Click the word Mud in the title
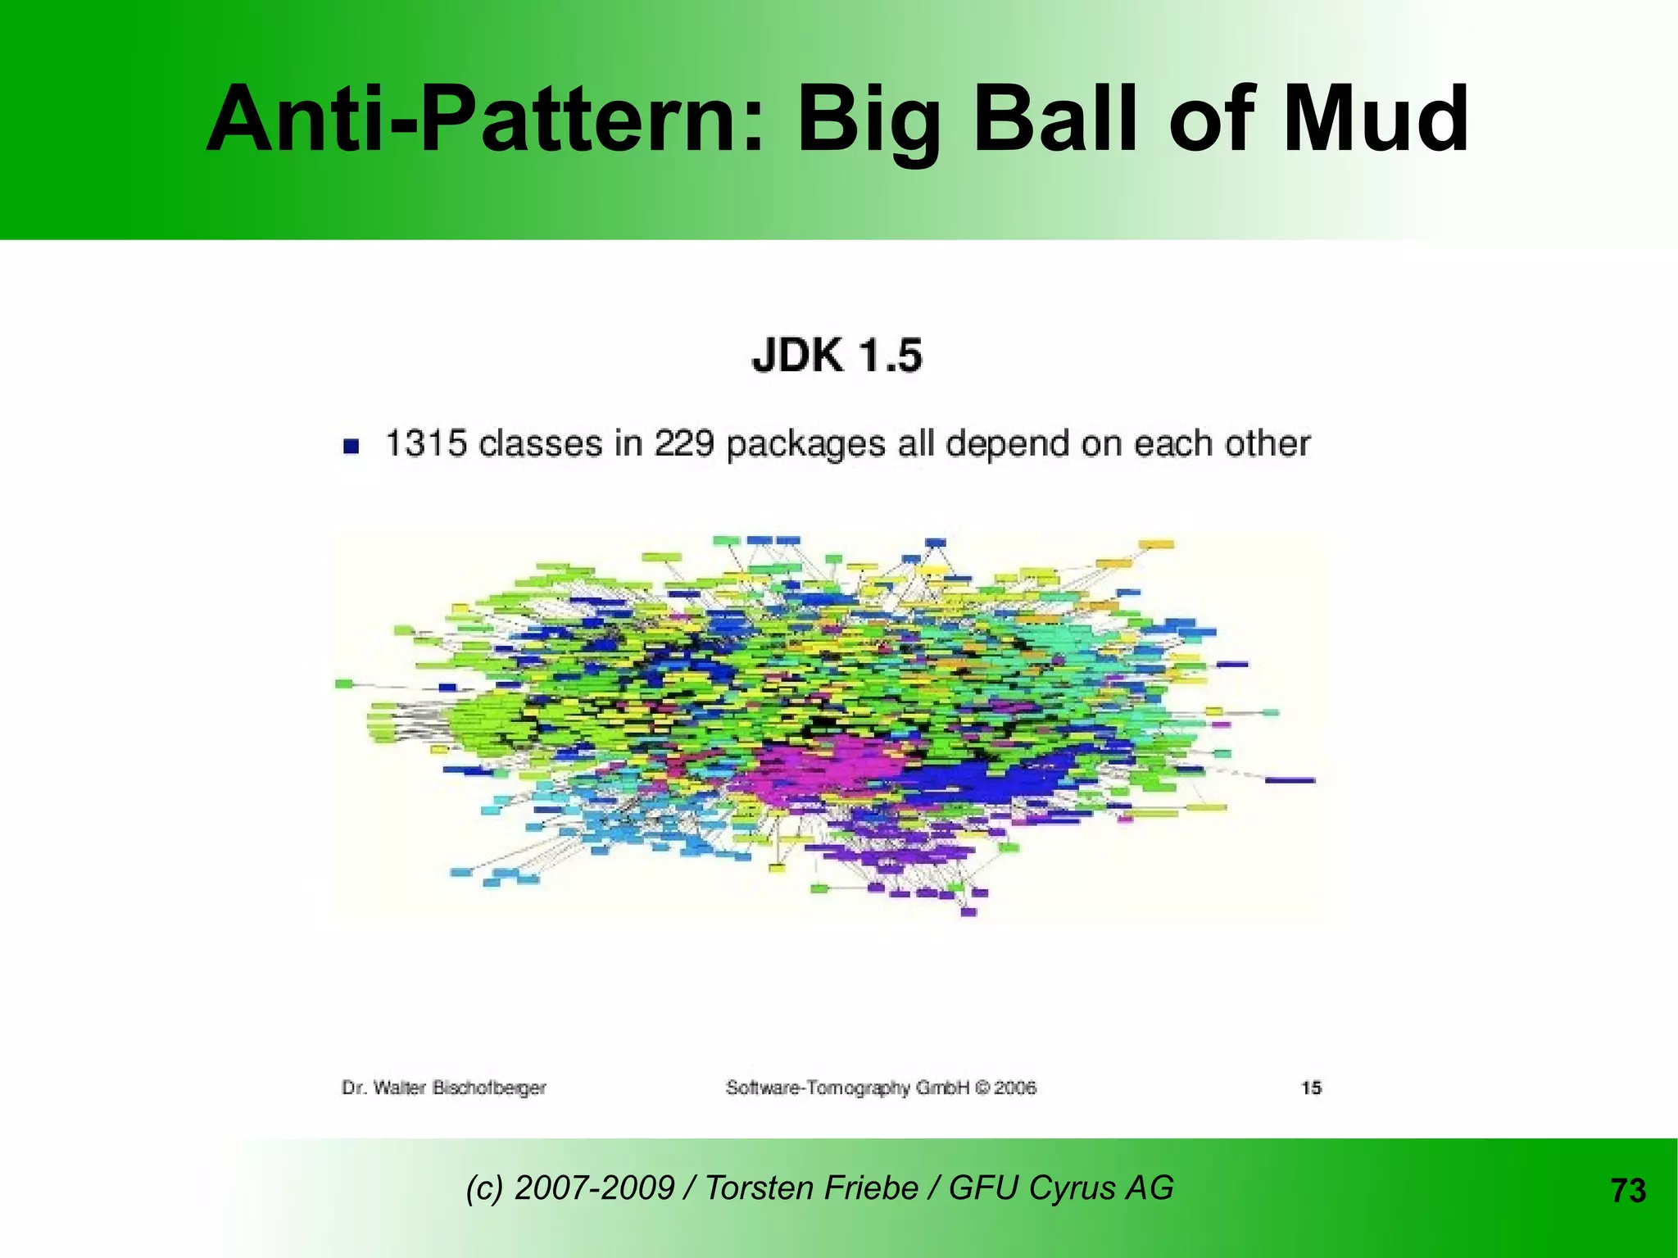[x=1375, y=120]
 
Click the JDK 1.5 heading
[x=837, y=357]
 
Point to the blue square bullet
[x=351, y=446]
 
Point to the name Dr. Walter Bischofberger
[x=443, y=1088]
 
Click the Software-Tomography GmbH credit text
[x=881, y=1088]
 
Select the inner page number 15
[x=1311, y=1088]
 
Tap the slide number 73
[x=1628, y=1191]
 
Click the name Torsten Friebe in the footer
[x=811, y=1188]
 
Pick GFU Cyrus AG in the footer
[x=1061, y=1188]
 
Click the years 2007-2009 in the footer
[x=594, y=1188]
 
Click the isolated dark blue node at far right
[x=1290, y=780]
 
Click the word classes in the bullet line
[x=541, y=443]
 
